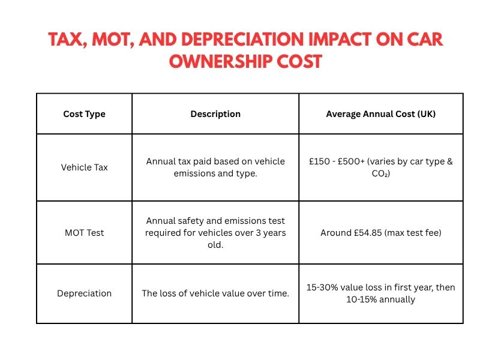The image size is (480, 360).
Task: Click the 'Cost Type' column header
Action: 84,114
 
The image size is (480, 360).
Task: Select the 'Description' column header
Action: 215,114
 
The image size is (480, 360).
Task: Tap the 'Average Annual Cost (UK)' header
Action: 380,114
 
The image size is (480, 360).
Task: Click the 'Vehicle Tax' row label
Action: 84,167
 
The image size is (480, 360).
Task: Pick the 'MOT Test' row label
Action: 84,233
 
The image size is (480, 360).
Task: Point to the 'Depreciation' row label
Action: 84,293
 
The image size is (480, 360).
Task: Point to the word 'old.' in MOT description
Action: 215,245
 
